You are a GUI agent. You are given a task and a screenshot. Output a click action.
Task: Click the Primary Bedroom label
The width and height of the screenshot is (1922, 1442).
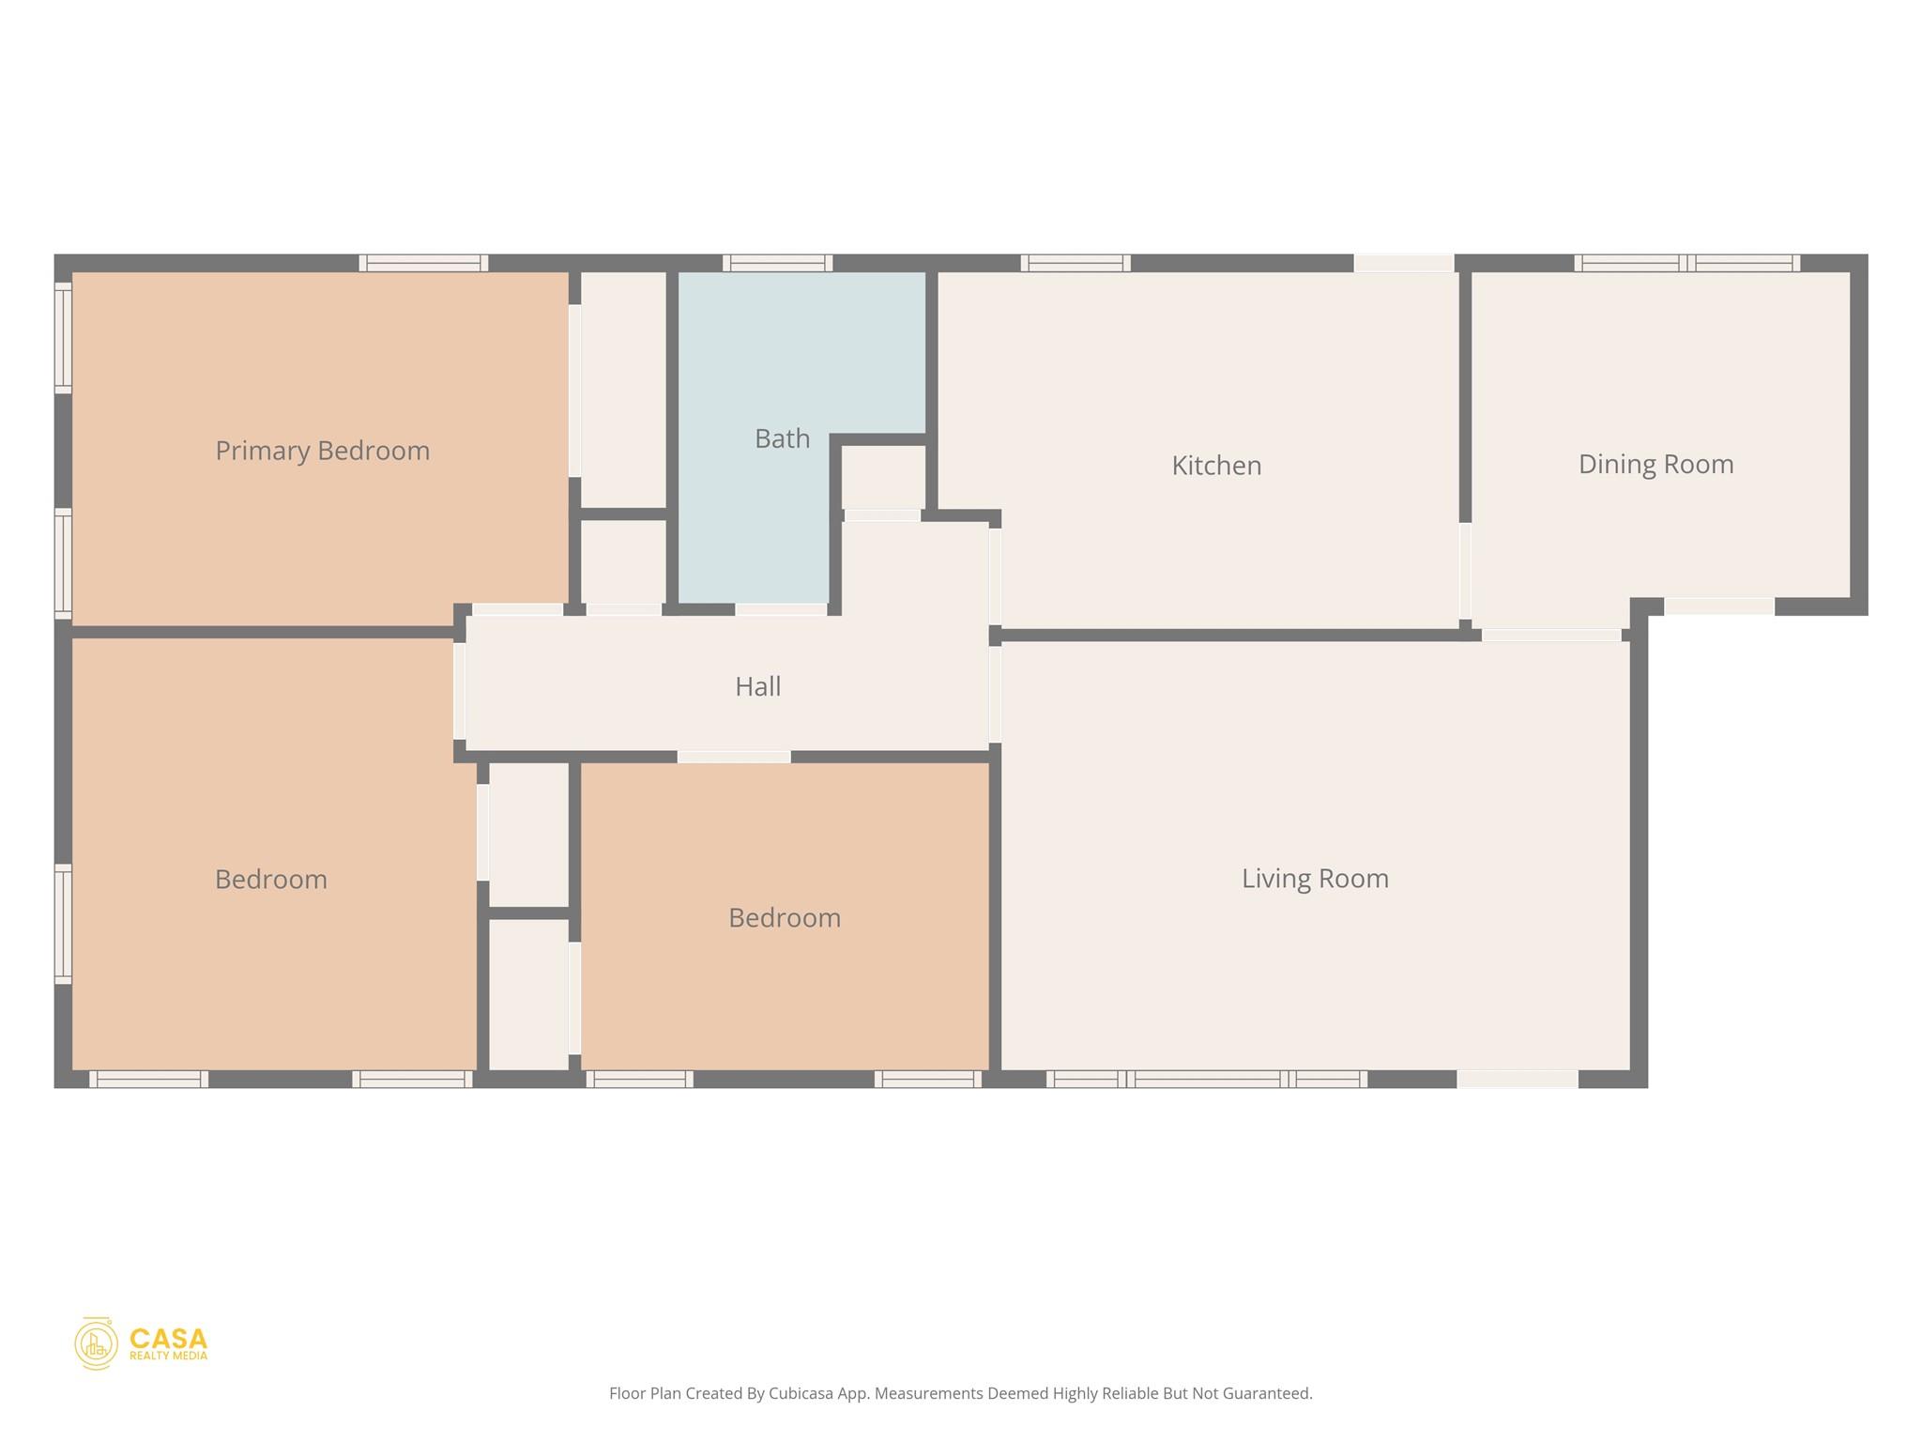click(x=322, y=451)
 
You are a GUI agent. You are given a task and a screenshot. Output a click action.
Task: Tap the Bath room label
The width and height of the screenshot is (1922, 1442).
click(x=782, y=438)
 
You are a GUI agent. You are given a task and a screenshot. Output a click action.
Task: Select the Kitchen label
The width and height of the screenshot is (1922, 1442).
click(x=1216, y=466)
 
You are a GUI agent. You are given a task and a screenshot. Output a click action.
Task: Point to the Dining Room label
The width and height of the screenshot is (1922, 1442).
click(x=1655, y=464)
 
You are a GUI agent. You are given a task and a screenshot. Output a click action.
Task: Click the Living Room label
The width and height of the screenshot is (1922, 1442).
click(x=1315, y=879)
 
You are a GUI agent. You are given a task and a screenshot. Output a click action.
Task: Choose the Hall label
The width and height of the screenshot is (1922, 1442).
click(x=757, y=686)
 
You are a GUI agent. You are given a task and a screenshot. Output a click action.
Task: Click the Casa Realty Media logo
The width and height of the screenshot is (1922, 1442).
click(x=142, y=1343)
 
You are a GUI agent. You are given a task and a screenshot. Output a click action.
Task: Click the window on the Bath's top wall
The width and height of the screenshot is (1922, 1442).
click(x=777, y=263)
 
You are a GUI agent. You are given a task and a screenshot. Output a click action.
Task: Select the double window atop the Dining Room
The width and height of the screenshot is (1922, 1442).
click(x=1686, y=263)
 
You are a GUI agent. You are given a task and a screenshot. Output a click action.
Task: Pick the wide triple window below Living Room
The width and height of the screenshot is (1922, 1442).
click(x=1206, y=1080)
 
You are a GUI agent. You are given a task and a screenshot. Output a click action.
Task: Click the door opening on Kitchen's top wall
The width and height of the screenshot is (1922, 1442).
click(x=1403, y=263)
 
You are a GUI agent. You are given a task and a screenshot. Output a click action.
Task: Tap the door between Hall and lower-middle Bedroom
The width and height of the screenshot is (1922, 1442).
click(x=734, y=757)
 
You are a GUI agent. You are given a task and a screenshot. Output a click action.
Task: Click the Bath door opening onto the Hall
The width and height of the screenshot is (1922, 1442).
click(x=781, y=609)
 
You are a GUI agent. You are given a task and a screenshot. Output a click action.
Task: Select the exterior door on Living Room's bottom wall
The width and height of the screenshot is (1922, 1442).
click(x=1517, y=1080)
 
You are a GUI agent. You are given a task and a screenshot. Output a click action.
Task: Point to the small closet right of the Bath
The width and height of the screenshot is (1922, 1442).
click(x=883, y=477)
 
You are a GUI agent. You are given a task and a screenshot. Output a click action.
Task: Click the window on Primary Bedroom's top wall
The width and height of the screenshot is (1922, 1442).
click(x=423, y=263)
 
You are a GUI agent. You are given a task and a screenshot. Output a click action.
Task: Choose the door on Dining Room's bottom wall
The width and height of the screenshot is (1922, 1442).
click(x=1718, y=606)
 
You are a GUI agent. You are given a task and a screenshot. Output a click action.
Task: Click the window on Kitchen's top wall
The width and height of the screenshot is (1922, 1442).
click(x=1075, y=263)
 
